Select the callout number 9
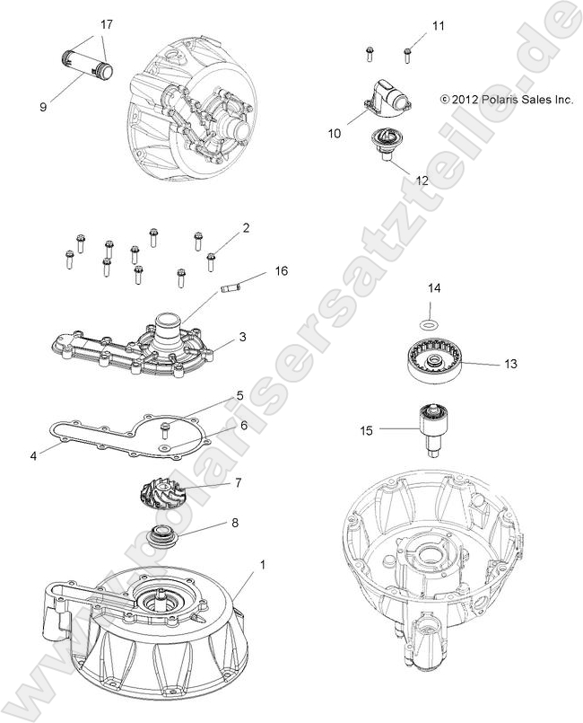[x=42, y=107]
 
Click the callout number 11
[x=438, y=27]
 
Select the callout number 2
[x=246, y=229]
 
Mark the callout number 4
[x=33, y=455]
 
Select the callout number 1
[x=263, y=564]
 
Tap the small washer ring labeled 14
[x=431, y=323]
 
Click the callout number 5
[x=239, y=394]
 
